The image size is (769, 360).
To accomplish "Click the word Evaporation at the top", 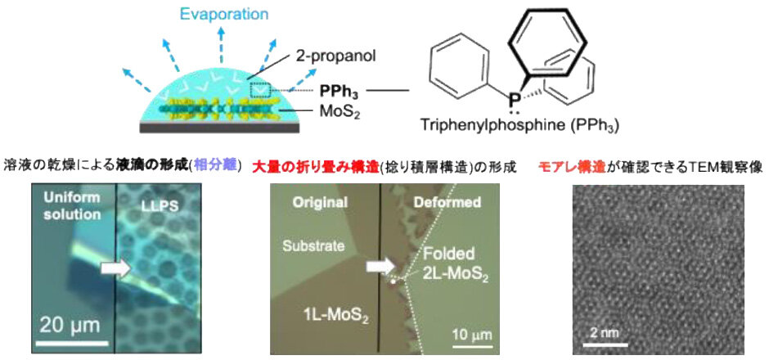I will pos(190,15).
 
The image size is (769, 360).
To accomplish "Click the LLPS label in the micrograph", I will pos(156,206).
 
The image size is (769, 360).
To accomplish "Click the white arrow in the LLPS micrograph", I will pos(115,266).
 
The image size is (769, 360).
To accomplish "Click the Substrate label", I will pos(315,245).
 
